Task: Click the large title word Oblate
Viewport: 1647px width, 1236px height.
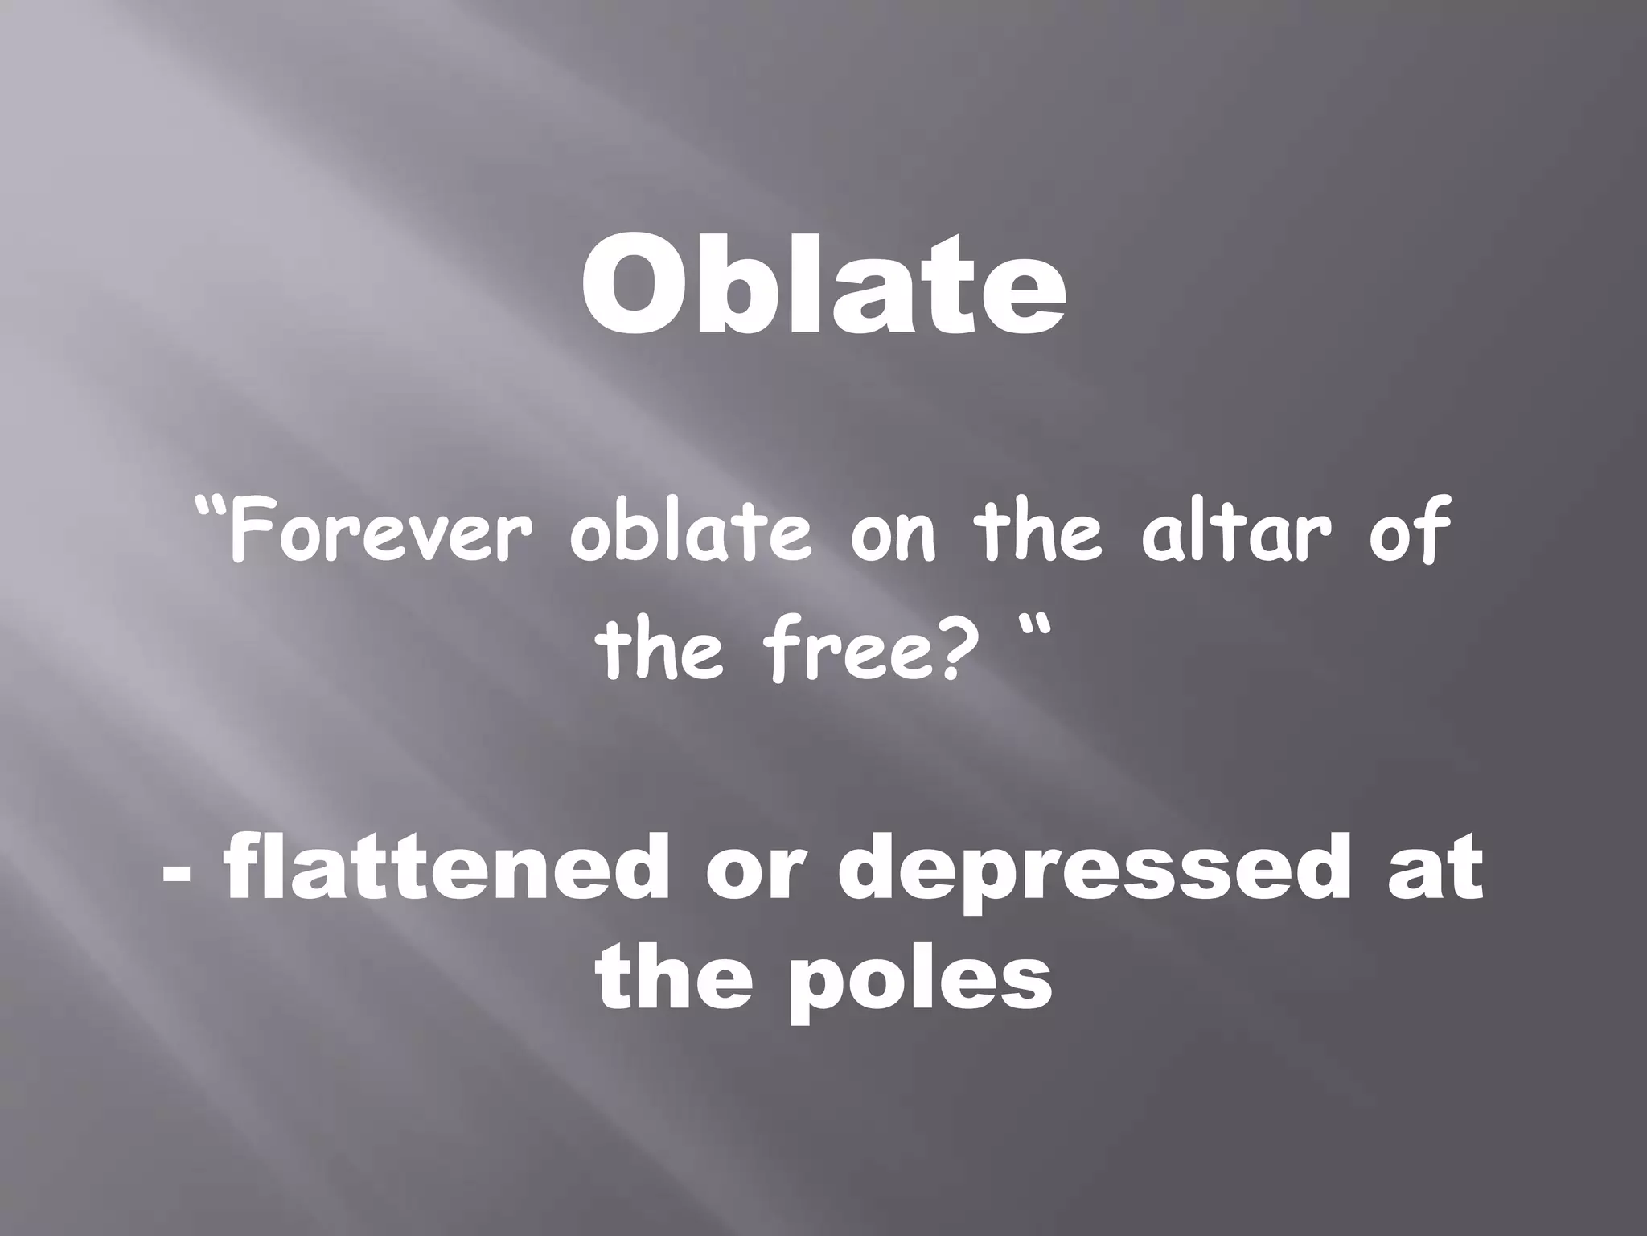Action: (823, 286)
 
